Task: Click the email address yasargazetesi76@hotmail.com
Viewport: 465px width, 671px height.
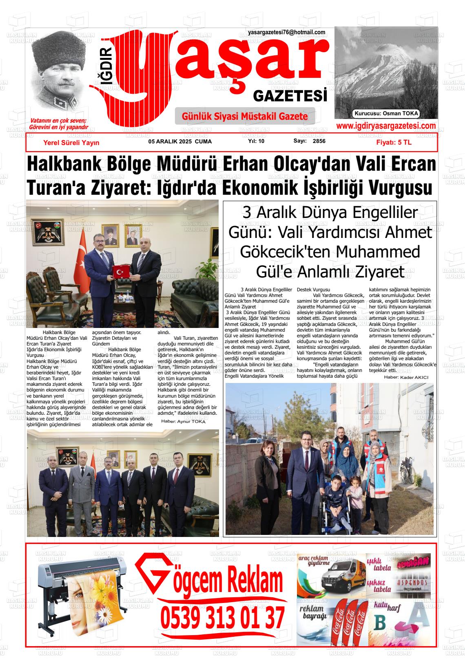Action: coord(286,33)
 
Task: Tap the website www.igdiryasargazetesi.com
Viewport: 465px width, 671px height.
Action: coord(385,126)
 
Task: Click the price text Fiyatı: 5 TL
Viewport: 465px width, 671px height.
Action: coord(394,143)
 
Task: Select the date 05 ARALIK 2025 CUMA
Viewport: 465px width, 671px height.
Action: coord(180,142)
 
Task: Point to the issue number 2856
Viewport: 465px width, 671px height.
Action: coord(319,141)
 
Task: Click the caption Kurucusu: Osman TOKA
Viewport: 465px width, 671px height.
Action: coord(386,114)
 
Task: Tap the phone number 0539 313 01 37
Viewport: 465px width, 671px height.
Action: coord(222,618)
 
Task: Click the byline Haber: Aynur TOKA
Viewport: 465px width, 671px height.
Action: coord(183,421)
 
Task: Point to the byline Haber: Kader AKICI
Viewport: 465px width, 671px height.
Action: coord(406,377)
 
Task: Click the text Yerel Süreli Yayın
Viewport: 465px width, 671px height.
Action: coord(71,143)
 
